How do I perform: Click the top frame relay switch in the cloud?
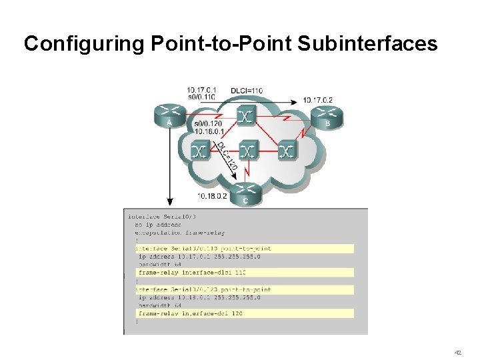246,115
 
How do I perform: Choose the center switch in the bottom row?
247,151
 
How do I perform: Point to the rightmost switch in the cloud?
287,151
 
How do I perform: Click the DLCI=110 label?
247,90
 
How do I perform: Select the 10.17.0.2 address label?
317,100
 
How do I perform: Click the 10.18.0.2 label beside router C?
213,196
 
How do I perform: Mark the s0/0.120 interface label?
207,124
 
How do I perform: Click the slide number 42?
457,352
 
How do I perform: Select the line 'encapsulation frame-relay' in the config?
180,233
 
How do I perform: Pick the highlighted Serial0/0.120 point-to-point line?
203,289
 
